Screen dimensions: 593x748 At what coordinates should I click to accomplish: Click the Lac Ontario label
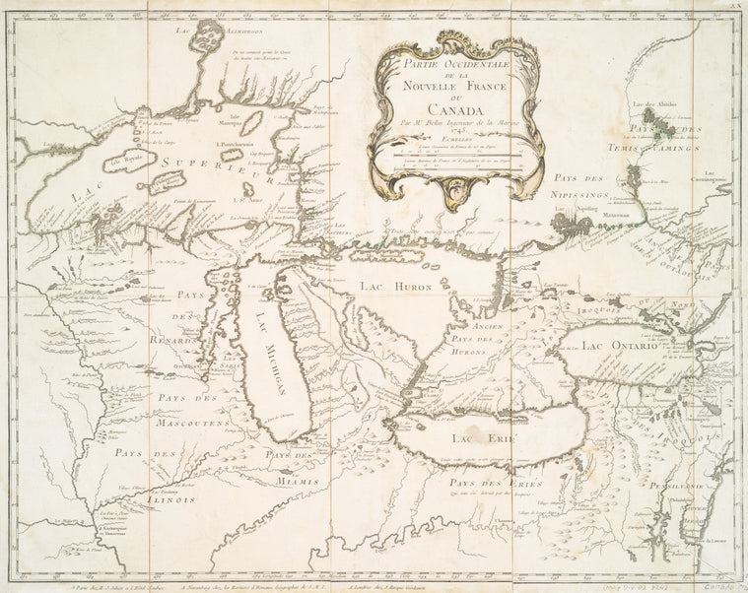619,346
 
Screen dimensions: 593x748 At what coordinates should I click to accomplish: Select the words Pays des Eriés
483,485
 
